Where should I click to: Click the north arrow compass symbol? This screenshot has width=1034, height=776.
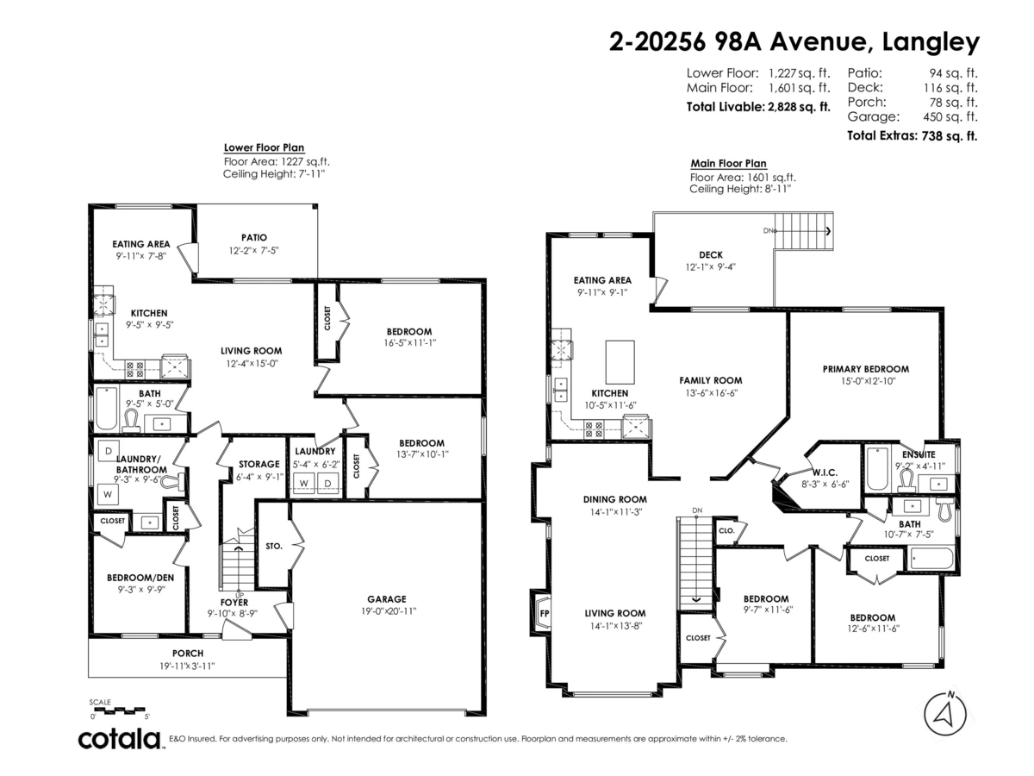(x=945, y=714)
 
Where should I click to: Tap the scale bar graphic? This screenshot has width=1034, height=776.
(x=118, y=709)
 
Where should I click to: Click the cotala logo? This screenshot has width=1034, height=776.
(x=120, y=739)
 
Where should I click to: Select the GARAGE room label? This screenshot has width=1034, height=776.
(x=386, y=599)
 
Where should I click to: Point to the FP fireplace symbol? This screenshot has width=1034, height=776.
(x=543, y=613)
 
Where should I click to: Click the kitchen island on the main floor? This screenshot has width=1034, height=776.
(x=620, y=362)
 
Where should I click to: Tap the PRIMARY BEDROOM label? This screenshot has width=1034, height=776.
(x=865, y=369)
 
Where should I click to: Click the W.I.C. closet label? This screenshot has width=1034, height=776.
(x=825, y=472)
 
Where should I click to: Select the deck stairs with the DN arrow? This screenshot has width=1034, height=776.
(x=803, y=231)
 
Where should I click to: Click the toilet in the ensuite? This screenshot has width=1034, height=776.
(x=905, y=480)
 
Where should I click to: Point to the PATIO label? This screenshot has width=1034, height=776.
(x=254, y=238)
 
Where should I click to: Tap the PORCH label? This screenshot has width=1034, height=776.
(x=188, y=653)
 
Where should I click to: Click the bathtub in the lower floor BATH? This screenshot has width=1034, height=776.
(x=107, y=409)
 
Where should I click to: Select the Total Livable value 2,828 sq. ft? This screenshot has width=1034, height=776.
(x=799, y=107)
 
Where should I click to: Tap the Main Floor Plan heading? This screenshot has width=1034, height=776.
(x=728, y=164)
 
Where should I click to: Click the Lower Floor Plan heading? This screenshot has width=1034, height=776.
(x=264, y=147)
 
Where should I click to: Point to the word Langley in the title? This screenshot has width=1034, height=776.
(x=931, y=43)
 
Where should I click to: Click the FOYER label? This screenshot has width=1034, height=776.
(x=234, y=602)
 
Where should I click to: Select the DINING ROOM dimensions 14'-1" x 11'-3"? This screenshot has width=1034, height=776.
(x=614, y=511)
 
